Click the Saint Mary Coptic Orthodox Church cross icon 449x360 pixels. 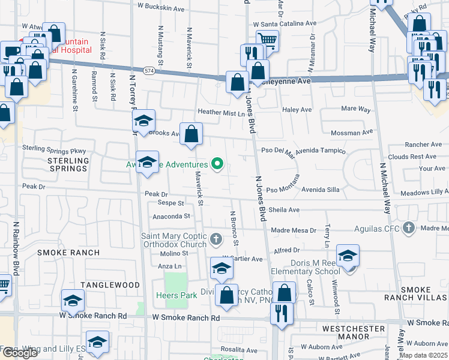[217, 240]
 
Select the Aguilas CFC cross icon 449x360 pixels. [409, 229]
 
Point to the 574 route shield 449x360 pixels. [148, 70]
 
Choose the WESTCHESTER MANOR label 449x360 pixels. [354, 334]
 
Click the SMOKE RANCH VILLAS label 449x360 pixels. [424, 294]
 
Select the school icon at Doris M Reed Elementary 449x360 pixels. [348, 255]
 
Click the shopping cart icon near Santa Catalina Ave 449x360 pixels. [267, 41]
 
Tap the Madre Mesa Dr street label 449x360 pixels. [294, 230]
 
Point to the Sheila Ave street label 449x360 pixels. [284, 210]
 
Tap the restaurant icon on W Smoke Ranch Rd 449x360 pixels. [281, 311]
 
